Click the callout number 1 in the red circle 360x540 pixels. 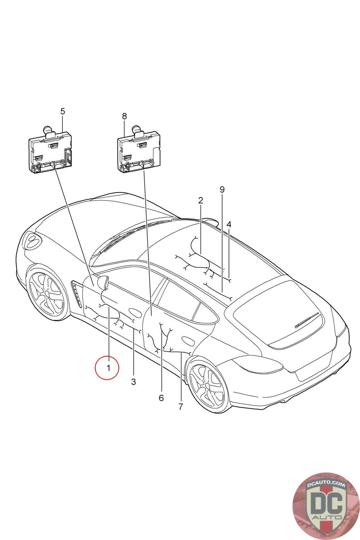tap(108, 368)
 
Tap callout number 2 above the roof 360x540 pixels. tap(200, 200)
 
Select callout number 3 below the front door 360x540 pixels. tap(134, 382)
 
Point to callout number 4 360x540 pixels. tap(229, 224)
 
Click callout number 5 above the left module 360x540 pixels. tap(62, 111)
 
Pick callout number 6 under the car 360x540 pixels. tap(161, 398)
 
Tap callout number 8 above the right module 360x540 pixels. tap(124, 116)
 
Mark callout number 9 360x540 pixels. tap(222, 189)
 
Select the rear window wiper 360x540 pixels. tap(307, 320)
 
